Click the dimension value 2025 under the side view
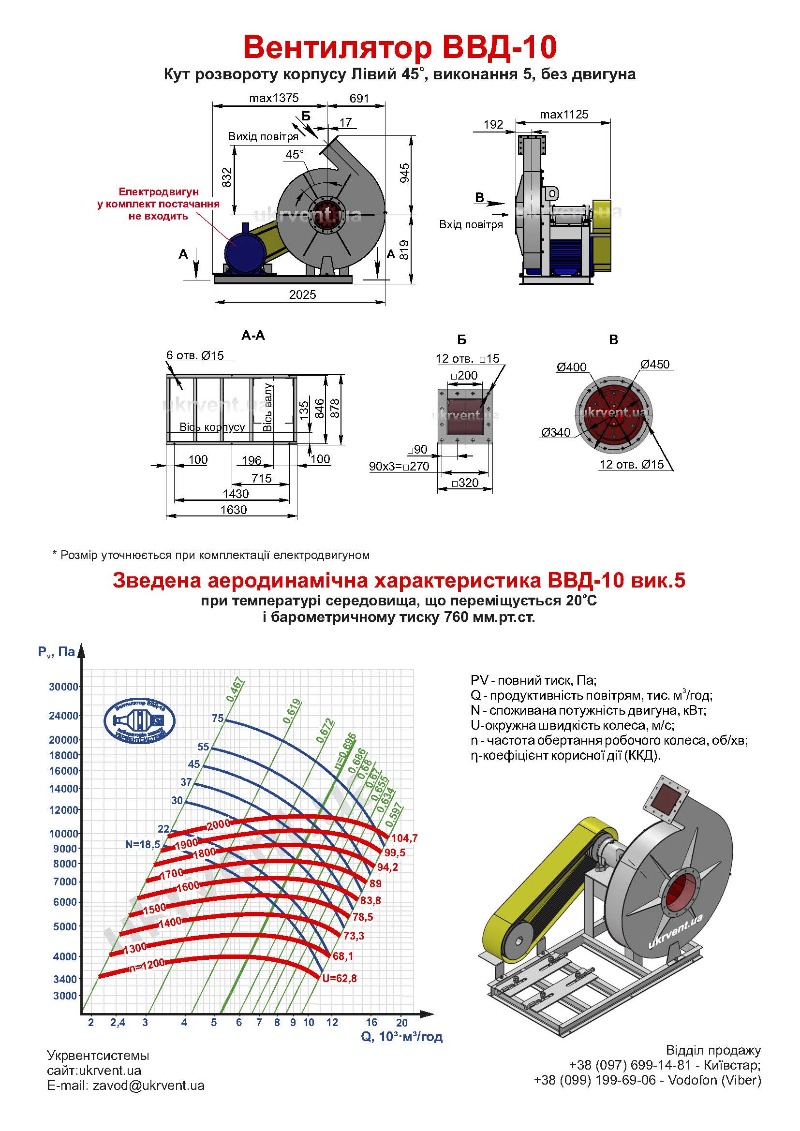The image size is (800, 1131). tap(302, 294)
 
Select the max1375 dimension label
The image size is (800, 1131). tap(274, 98)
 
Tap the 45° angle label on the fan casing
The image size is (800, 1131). tap(295, 154)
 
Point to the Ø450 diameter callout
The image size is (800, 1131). tap(655, 364)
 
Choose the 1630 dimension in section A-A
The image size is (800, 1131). tap(234, 510)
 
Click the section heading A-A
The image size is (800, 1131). tap(253, 336)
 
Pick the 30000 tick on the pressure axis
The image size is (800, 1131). tap(63, 687)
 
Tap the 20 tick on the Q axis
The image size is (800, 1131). tap(402, 1022)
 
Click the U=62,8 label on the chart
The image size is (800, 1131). tap(340, 978)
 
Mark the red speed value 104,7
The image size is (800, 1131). tap(404, 838)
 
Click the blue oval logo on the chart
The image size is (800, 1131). tap(139, 721)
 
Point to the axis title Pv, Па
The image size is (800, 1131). tap(56, 652)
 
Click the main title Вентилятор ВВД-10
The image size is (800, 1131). tap(400, 47)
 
